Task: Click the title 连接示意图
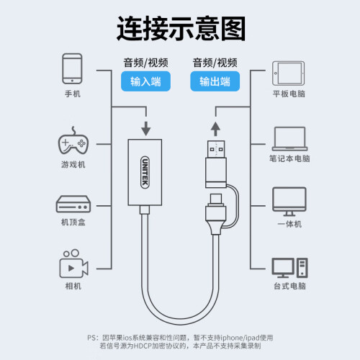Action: [x=181, y=29]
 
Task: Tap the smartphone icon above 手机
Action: [x=72, y=68]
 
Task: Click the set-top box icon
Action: [x=73, y=204]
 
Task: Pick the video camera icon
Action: [x=74, y=264]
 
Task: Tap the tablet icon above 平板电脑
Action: [x=289, y=73]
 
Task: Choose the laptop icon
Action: [x=290, y=139]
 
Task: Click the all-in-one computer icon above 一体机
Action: [x=289, y=202]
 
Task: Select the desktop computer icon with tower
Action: [x=289, y=268]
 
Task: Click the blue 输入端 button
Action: [x=145, y=81]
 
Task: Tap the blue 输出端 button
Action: [x=215, y=81]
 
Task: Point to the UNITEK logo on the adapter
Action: [x=145, y=172]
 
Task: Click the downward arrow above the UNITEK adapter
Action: [x=146, y=129]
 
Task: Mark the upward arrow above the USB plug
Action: [x=215, y=129]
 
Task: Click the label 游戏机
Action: [x=73, y=165]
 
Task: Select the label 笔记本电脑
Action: [x=289, y=158]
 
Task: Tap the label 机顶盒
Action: [x=73, y=222]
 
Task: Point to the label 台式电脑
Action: [x=290, y=286]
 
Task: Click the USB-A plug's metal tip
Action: [x=216, y=149]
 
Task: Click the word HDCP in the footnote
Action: [x=143, y=346]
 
